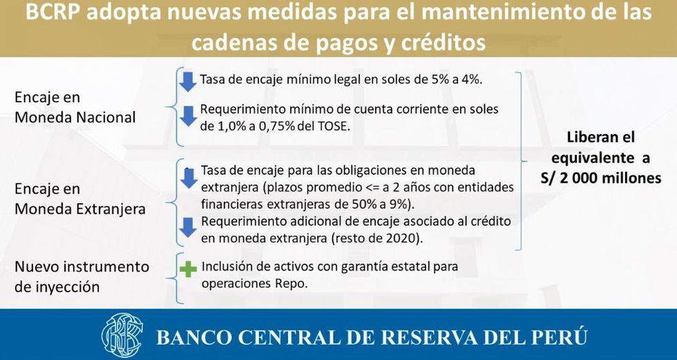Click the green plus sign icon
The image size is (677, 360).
188,269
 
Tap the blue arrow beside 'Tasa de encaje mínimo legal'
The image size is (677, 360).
188,82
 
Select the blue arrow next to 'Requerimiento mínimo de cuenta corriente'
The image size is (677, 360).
188,117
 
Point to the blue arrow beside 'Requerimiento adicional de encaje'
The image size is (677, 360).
188,227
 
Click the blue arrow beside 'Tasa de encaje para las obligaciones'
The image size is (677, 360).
189,178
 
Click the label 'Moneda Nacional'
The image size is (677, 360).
75,117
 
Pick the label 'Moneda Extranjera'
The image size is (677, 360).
80,209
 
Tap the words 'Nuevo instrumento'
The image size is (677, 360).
82,266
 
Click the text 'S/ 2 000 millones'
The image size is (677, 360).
600,178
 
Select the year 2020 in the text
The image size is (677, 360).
403,238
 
